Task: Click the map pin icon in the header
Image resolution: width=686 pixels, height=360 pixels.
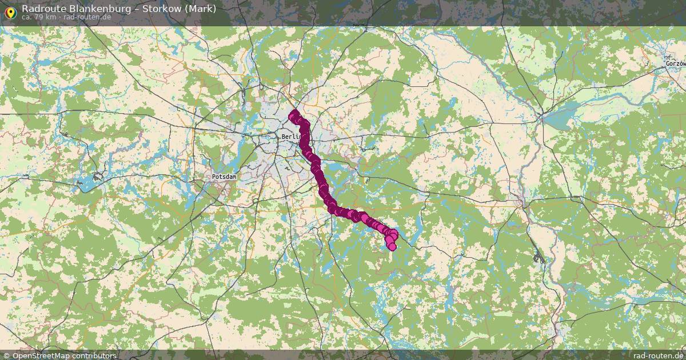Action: click(x=10, y=10)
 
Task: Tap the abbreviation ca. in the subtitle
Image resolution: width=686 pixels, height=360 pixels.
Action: click(x=27, y=17)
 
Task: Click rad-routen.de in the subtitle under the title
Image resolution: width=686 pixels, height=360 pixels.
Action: click(x=88, y=17)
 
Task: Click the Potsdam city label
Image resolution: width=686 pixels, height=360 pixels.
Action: click(x=224, y=177)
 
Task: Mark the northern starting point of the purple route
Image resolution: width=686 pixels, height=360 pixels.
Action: click(x=293, y=114)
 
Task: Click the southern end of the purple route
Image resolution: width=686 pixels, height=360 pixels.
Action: click(x=392, y=247)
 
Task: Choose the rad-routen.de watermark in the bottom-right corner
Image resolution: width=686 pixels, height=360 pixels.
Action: click(x=658, y=355)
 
